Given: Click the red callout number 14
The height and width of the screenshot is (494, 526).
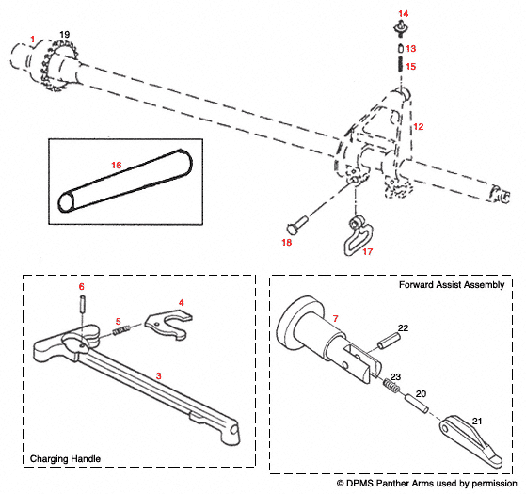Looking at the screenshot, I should click(x=403, y=12).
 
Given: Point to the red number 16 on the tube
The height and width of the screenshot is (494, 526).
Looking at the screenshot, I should click(x=117, y=164).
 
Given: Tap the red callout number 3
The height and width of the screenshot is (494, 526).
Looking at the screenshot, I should click(x=159, y=375).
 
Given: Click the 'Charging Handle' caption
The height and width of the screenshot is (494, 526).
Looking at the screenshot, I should click(x=65, y=458).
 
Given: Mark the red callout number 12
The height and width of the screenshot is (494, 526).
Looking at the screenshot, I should click(x=419, y=125).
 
